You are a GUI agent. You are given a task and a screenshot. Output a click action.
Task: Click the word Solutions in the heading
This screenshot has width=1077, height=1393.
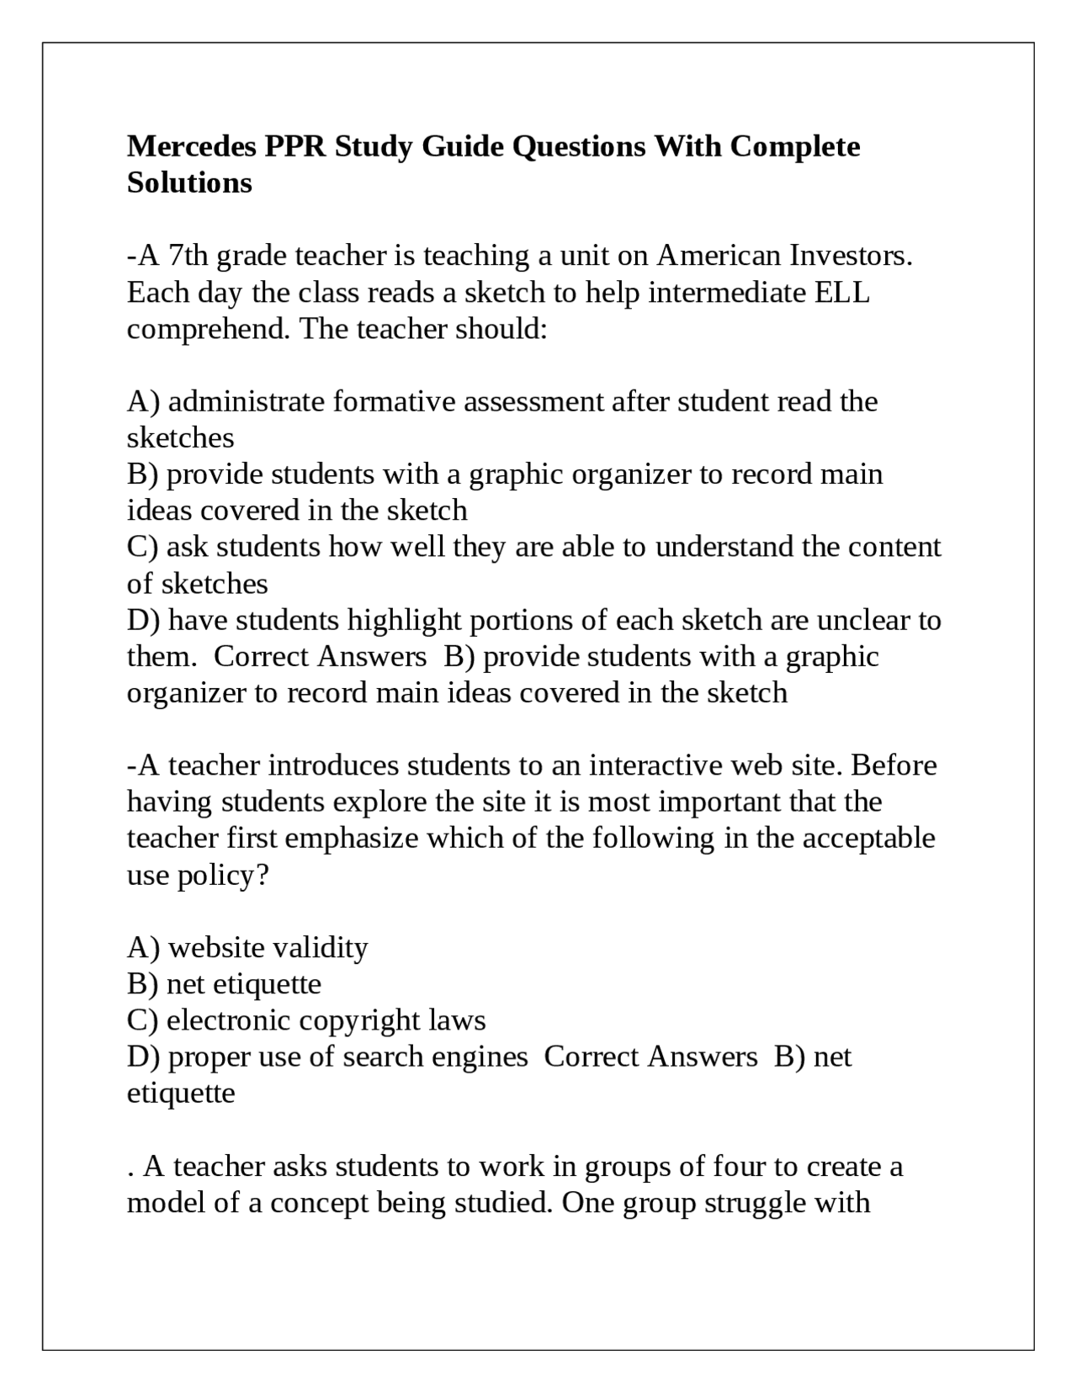pos(189,183)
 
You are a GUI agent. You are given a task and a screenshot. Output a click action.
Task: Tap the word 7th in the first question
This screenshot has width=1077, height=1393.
pos(188,256)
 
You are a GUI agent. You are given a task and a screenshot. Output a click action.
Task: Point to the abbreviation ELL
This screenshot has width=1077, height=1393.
pos(842,293)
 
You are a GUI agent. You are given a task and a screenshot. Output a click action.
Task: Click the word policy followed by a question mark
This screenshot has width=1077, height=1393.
pos(222,876)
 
